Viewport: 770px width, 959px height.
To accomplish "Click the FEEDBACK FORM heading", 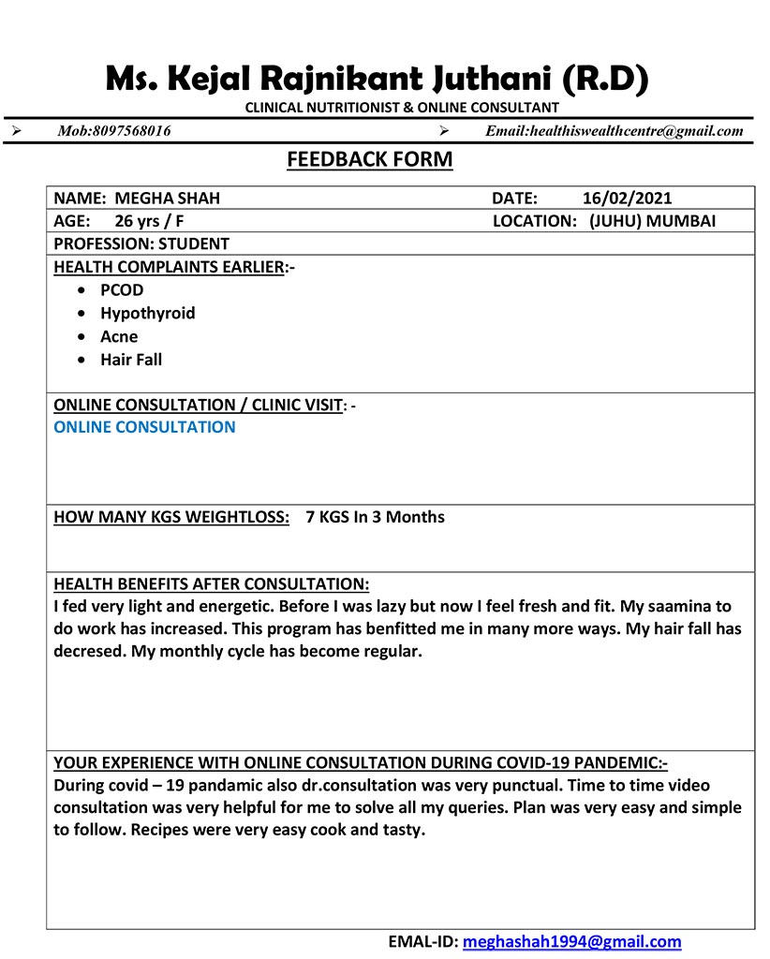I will click(369, 160).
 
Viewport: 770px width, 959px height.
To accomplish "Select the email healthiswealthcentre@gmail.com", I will click(636, 131).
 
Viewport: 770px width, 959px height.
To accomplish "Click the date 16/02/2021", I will click(627, 199).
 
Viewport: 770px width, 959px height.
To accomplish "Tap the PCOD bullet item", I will click(122, 290).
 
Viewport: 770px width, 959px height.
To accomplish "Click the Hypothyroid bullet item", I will click(148, 314).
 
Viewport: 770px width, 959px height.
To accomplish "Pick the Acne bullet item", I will click(119, 336).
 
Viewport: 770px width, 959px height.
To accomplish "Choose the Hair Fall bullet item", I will click(131, 360).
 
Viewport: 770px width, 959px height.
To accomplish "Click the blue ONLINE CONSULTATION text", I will click(145, 427).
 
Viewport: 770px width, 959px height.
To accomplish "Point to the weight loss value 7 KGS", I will click(327, 517).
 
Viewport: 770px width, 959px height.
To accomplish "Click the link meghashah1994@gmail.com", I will click(571, 942).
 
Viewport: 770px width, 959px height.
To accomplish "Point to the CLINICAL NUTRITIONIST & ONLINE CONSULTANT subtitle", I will click(402, 108).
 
